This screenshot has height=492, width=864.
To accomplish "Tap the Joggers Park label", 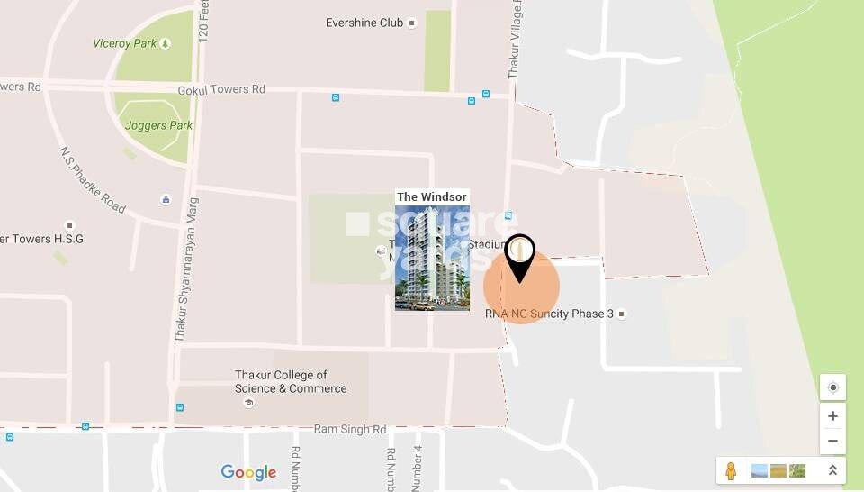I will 158,125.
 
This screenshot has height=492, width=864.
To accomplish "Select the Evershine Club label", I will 364,23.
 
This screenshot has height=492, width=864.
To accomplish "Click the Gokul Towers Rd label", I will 221,90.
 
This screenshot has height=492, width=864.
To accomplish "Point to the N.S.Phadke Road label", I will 93,180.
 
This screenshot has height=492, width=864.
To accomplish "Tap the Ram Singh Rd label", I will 349,430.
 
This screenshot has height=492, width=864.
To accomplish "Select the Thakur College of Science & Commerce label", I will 290,382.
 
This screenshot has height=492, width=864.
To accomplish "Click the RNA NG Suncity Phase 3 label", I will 549,314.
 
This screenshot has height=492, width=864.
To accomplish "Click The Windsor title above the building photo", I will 432,196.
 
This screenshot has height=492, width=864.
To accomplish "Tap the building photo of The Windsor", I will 432,258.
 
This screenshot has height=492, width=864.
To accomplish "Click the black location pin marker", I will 520,257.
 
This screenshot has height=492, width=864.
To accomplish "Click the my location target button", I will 832,387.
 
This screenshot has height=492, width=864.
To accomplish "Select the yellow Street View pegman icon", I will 731,470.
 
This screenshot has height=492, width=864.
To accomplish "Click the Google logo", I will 248,472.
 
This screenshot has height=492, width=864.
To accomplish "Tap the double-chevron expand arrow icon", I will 832,470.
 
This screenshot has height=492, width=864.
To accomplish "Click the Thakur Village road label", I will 516,41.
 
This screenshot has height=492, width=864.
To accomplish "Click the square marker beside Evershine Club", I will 412,23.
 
